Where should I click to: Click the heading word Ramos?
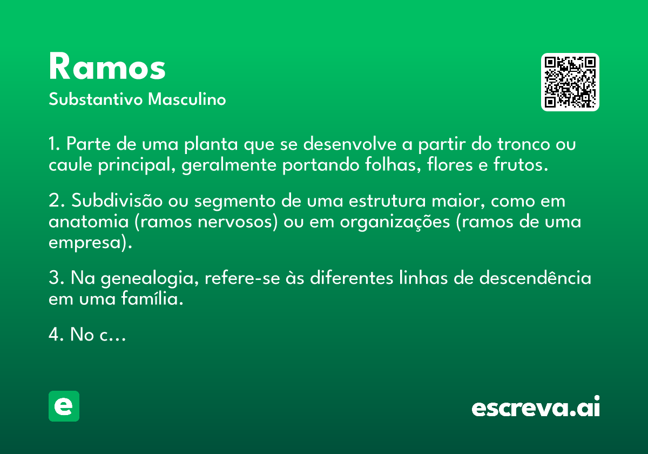(x=107, y=66)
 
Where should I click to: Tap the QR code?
(x=570, y=82)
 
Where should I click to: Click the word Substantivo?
(x=96, y=99)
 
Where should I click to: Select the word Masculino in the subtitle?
(x=187, y=99)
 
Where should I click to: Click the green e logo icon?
(x=64, y=406)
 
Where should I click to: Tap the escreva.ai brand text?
(x=536, y=406)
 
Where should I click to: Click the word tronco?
(x=524, y=144)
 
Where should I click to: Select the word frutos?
(x=521, y=165)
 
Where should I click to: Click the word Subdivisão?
(x=117, y=201)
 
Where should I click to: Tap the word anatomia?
(x=89, y=222)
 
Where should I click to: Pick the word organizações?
(x=395, y=222)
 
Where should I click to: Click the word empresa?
(x=84, y=243)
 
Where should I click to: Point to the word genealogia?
(x=150, y=278)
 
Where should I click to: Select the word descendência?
(x=535, y=278)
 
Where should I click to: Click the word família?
(x=152, y=298)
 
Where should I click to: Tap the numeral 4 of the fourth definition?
(x=54, y=334)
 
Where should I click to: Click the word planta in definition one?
(x=211, y=144)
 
